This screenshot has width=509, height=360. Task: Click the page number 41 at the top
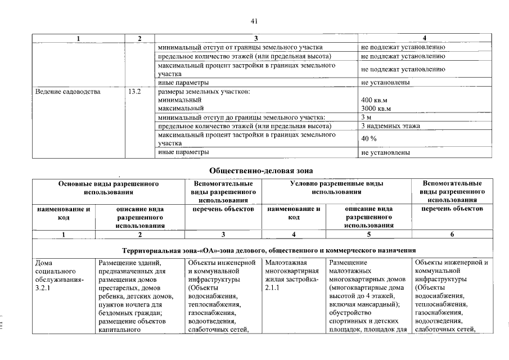(254, 21)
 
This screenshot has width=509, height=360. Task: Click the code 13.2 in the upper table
(134, 91)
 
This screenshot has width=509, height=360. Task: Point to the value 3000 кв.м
(376, 108)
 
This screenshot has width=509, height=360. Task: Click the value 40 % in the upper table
(368, 139)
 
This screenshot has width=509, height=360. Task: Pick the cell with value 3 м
(366, 117)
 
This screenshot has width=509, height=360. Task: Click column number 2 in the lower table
(139, 235)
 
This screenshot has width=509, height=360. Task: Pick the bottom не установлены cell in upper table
(385, 152)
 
